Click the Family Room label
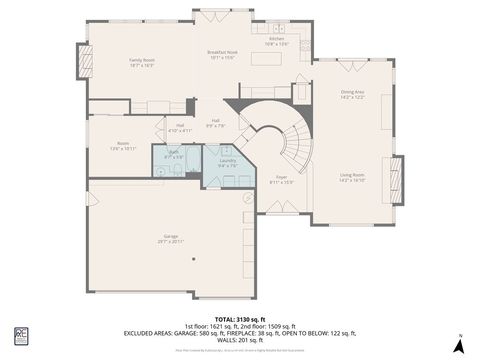tap(140, 62)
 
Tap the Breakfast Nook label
tap(222, 54)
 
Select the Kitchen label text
tap(277, 41)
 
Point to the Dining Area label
tap(352, 94)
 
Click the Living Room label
tap(352, 177)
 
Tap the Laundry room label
tap(227, 162)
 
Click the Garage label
tap(171, 239)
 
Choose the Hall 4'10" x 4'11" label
tap(173, 127)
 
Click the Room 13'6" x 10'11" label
tap(122, 145)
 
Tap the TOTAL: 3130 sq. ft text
tap(239, 318)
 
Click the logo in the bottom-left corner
tap(20, 336)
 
